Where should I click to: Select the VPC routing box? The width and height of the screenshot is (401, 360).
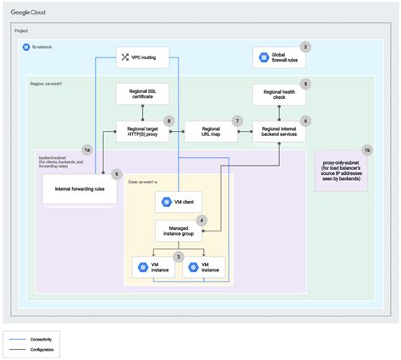[142, 57]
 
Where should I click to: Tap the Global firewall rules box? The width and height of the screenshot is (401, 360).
[278, 58]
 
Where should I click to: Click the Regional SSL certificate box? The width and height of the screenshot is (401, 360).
[142, 95]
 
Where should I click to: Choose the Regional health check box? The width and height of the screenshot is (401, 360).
[278, 95]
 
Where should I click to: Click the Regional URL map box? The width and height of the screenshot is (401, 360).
[209, 132]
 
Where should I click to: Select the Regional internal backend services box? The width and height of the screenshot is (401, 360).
[278, 132]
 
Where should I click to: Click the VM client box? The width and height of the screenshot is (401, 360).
[179, 203]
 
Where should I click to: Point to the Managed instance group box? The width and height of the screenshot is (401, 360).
[179, 230]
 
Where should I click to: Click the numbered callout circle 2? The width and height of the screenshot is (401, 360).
[305, 47]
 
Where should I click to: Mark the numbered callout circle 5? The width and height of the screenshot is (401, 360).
[305, 85]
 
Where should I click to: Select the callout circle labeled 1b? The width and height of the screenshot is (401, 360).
[366, 150]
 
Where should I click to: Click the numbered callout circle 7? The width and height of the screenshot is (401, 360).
[238, 121]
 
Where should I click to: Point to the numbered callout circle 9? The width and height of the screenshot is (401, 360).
[117, 174]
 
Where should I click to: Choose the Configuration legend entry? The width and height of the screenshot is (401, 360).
[44, 346]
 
